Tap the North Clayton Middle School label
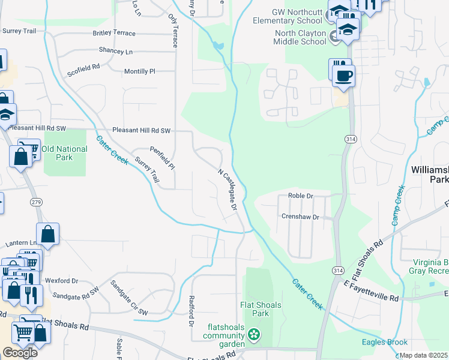[300, 37]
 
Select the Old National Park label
[56, 153]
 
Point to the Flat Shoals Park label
[261, 309]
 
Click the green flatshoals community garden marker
[254, 333]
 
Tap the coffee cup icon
[343, 76]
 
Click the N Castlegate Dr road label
[228, 188]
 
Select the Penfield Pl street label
[162, 157]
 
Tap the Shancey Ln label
[116, 52]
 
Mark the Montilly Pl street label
[139, 71]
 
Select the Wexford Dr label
[61, 280]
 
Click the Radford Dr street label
[191, 311]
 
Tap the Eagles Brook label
[381, 343]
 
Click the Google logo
[20, 353]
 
